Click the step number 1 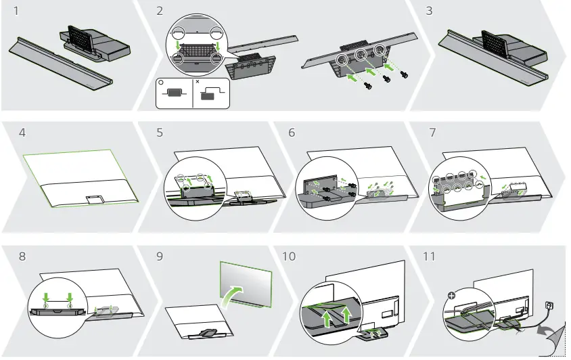[23, 12]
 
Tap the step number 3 [430, 12]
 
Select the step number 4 [23, 133]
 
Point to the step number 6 [292, 133]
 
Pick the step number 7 [432, 133]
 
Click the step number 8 [23, 257]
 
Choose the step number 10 [290, 257]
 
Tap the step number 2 [159, 12]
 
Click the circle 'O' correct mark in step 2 [161, 81]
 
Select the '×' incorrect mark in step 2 [197, 81]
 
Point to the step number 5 [159, 133]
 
